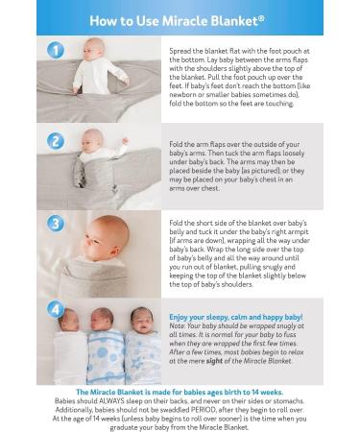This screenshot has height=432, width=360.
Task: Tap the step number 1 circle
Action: coord(57,50)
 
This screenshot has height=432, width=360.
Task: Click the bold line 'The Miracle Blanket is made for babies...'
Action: coord(180,392)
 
